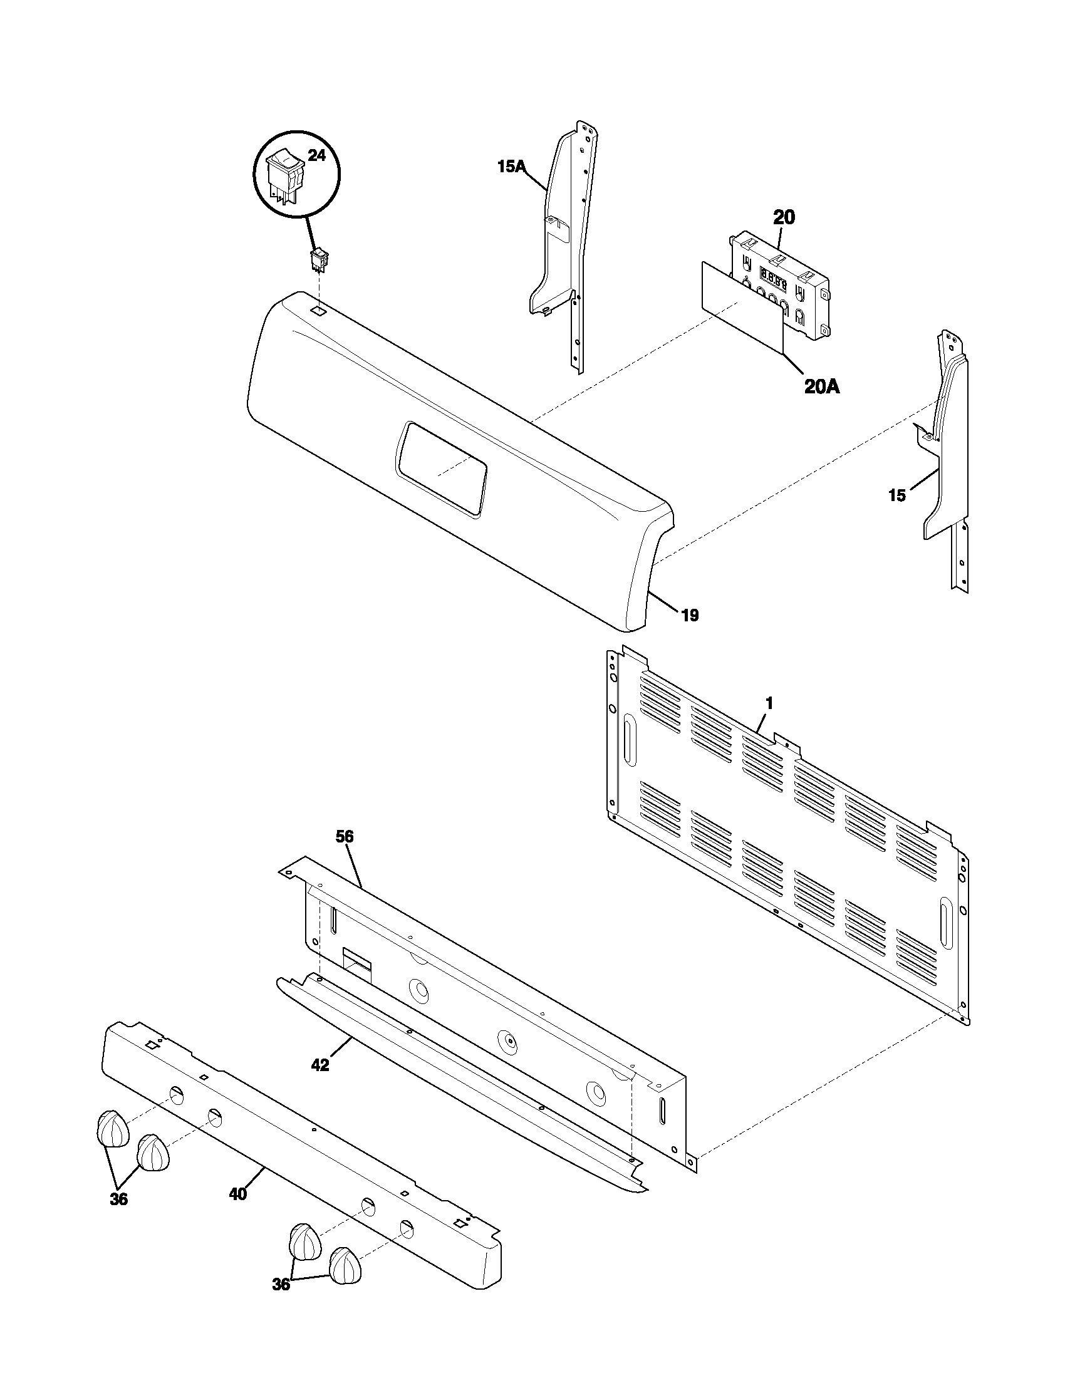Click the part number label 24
pos(316,156)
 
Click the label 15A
pos(511,167)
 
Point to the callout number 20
pos(784,218)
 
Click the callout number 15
pos(896,495)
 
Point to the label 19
pos(690,615)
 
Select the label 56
pos(345,837)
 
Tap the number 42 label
pos(320,1065)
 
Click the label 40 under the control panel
pos(237,1194)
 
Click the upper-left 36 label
pos(118,1199)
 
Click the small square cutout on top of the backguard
pos(319,311)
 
